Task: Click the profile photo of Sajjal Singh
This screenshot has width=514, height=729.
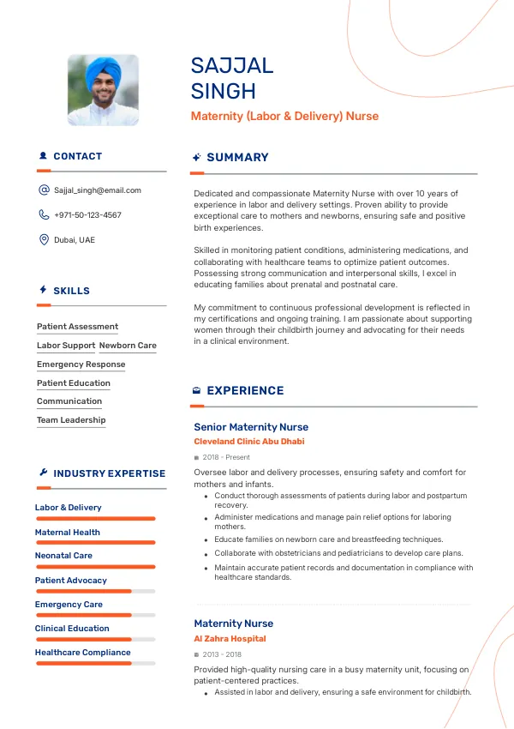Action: [103, 90]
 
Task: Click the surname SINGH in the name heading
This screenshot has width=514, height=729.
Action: [224, 91]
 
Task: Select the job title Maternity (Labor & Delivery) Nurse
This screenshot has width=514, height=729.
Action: [284, 116]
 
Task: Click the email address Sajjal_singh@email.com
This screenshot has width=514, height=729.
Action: [98, 190]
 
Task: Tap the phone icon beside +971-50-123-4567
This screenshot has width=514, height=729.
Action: [44, 215]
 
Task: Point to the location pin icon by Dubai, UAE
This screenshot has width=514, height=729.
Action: [44, 240]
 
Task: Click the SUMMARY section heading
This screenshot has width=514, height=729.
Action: [237, 157]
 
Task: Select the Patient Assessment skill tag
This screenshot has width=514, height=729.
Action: [77, 327]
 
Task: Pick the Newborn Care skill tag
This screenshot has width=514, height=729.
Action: [128, 346]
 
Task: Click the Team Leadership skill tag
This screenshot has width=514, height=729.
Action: [71, 420]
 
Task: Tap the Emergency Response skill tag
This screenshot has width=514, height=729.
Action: [81, 364]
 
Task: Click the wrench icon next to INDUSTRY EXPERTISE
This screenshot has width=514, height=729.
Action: [43, 473]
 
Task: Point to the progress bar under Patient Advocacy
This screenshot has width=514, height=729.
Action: [94, 591]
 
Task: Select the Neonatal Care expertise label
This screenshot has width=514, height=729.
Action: [63, 556]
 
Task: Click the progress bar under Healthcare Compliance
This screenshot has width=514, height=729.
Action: [94, 663]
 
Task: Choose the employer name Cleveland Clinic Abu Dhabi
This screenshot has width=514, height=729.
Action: [248, 442]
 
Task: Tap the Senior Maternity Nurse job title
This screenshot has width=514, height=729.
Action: [251, 426]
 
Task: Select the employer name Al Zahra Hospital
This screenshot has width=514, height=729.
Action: [230, 639]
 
